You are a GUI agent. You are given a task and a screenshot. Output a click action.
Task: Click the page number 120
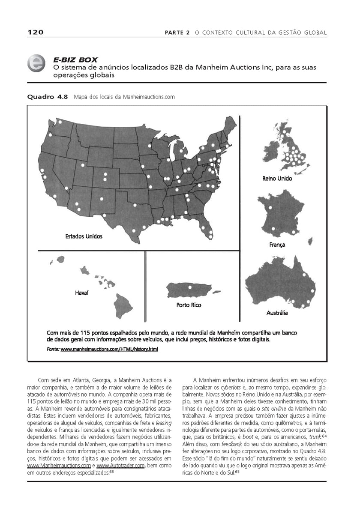point(35,33)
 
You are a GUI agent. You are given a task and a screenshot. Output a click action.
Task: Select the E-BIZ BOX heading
point(75,60)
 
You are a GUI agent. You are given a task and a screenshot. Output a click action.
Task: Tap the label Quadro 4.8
point(48,97)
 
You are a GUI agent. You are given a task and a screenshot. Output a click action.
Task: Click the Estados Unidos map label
point(84,236)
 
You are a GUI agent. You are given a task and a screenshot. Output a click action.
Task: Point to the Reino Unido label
point(277,178)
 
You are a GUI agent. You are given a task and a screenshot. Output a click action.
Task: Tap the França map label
point(277,245)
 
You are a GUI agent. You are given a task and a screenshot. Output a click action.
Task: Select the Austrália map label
point(277,313)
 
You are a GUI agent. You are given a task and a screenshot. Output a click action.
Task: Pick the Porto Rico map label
point(189,305)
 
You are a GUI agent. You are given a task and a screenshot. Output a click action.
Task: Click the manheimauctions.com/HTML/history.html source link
point(109,350)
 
